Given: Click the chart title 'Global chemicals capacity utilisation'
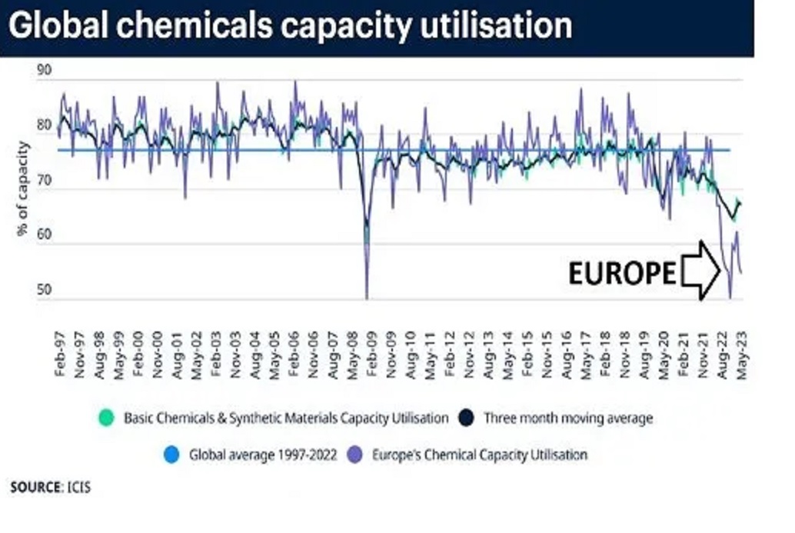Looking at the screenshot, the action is (x=290, y=25).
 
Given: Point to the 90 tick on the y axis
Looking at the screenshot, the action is (x=45, y=70).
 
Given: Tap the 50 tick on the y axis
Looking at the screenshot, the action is (x=45, y=290).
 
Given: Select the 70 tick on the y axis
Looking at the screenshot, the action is (x=45, y=180).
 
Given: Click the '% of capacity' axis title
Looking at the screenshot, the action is (x=23, y=188).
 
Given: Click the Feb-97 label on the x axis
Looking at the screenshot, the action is (x=60, y=354).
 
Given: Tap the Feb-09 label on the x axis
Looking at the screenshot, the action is (x=371, y=354).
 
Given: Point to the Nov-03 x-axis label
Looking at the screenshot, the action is (x=235, y=355).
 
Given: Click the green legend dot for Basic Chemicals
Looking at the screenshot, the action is (x=106, y=418).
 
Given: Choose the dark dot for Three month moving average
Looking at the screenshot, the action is (x=465, y=418).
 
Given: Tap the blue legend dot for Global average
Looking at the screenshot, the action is (x=172, y=455).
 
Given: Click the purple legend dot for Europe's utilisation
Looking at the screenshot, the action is (x=355, y=455).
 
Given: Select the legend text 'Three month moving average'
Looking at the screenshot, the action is (x=568, y=418).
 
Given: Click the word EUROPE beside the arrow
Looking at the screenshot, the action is (x=622, y=273).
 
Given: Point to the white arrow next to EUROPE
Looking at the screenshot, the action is (x=700, y=270).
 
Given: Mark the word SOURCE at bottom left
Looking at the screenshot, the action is (x=36, y=488).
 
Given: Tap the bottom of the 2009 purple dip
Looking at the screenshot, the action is (x=367, y=298).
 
